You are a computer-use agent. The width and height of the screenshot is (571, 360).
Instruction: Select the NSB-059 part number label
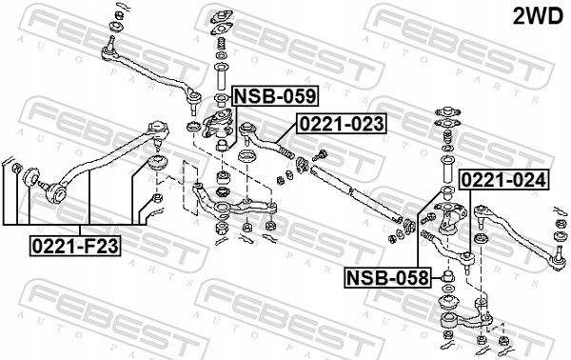tap(275, 96)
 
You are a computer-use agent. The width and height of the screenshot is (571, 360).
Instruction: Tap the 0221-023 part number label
tap(342, 123)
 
